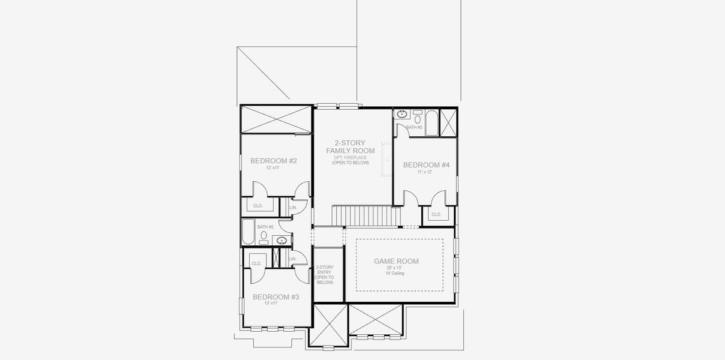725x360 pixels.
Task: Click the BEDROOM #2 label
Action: (274, 161)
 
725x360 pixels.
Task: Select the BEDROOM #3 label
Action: (275, 297)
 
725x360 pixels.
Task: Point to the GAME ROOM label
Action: (396, 261)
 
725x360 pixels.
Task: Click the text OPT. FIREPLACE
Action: (350, 157)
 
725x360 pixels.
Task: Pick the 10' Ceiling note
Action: (395, 274)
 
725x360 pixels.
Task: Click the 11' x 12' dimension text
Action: (426, 172)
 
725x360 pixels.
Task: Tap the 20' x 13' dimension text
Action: (395, 268)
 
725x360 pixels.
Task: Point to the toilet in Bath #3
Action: (417, 119)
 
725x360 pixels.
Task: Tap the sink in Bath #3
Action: (402, 113)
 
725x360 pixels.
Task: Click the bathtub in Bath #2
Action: (248, 232)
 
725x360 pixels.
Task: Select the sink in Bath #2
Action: (281, 241)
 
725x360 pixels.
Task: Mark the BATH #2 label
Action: (265, 227)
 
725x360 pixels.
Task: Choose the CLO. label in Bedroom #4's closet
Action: (436, 214)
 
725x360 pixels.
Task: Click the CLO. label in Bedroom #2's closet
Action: (258, 206)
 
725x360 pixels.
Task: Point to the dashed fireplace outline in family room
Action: (386, 160)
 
